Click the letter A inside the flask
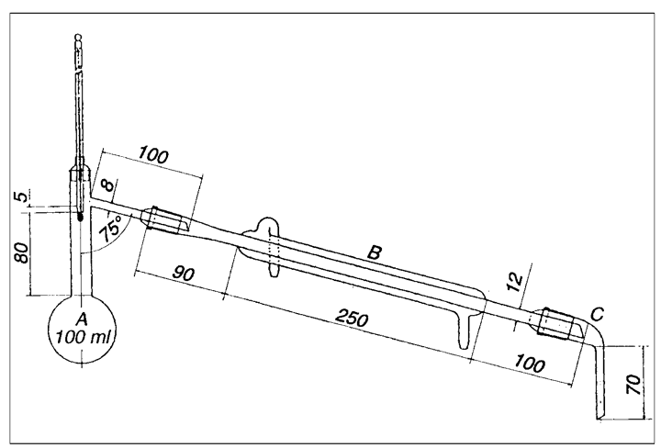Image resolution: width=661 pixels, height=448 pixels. [x=83, y=319]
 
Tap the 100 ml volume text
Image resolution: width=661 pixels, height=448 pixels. [x=83, y=338]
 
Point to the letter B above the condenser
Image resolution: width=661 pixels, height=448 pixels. [x=375, y=252]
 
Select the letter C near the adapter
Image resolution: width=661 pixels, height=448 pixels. [x=597, y=314]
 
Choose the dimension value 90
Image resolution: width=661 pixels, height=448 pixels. [x=184, y=274]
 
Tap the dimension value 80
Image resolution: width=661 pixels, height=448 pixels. [x=23, y=252]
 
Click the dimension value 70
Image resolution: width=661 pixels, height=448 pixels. [x=634, y=384]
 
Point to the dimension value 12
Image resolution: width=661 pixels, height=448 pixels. [x=515, y=282]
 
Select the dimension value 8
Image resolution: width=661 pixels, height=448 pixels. [x=108, y=185]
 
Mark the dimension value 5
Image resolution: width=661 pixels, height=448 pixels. [x=22, y=196]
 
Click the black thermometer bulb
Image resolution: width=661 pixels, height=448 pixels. [x=81, y=217]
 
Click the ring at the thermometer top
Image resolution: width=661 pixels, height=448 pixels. [x=77, y=38]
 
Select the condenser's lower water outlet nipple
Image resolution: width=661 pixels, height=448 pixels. [x=464, y=332]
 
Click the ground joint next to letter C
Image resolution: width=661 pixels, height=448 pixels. [x=557, y=322]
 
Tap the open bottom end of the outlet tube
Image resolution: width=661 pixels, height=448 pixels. [x=599, y=419]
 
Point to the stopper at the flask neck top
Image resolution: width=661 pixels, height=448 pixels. [x=81, y=174]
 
